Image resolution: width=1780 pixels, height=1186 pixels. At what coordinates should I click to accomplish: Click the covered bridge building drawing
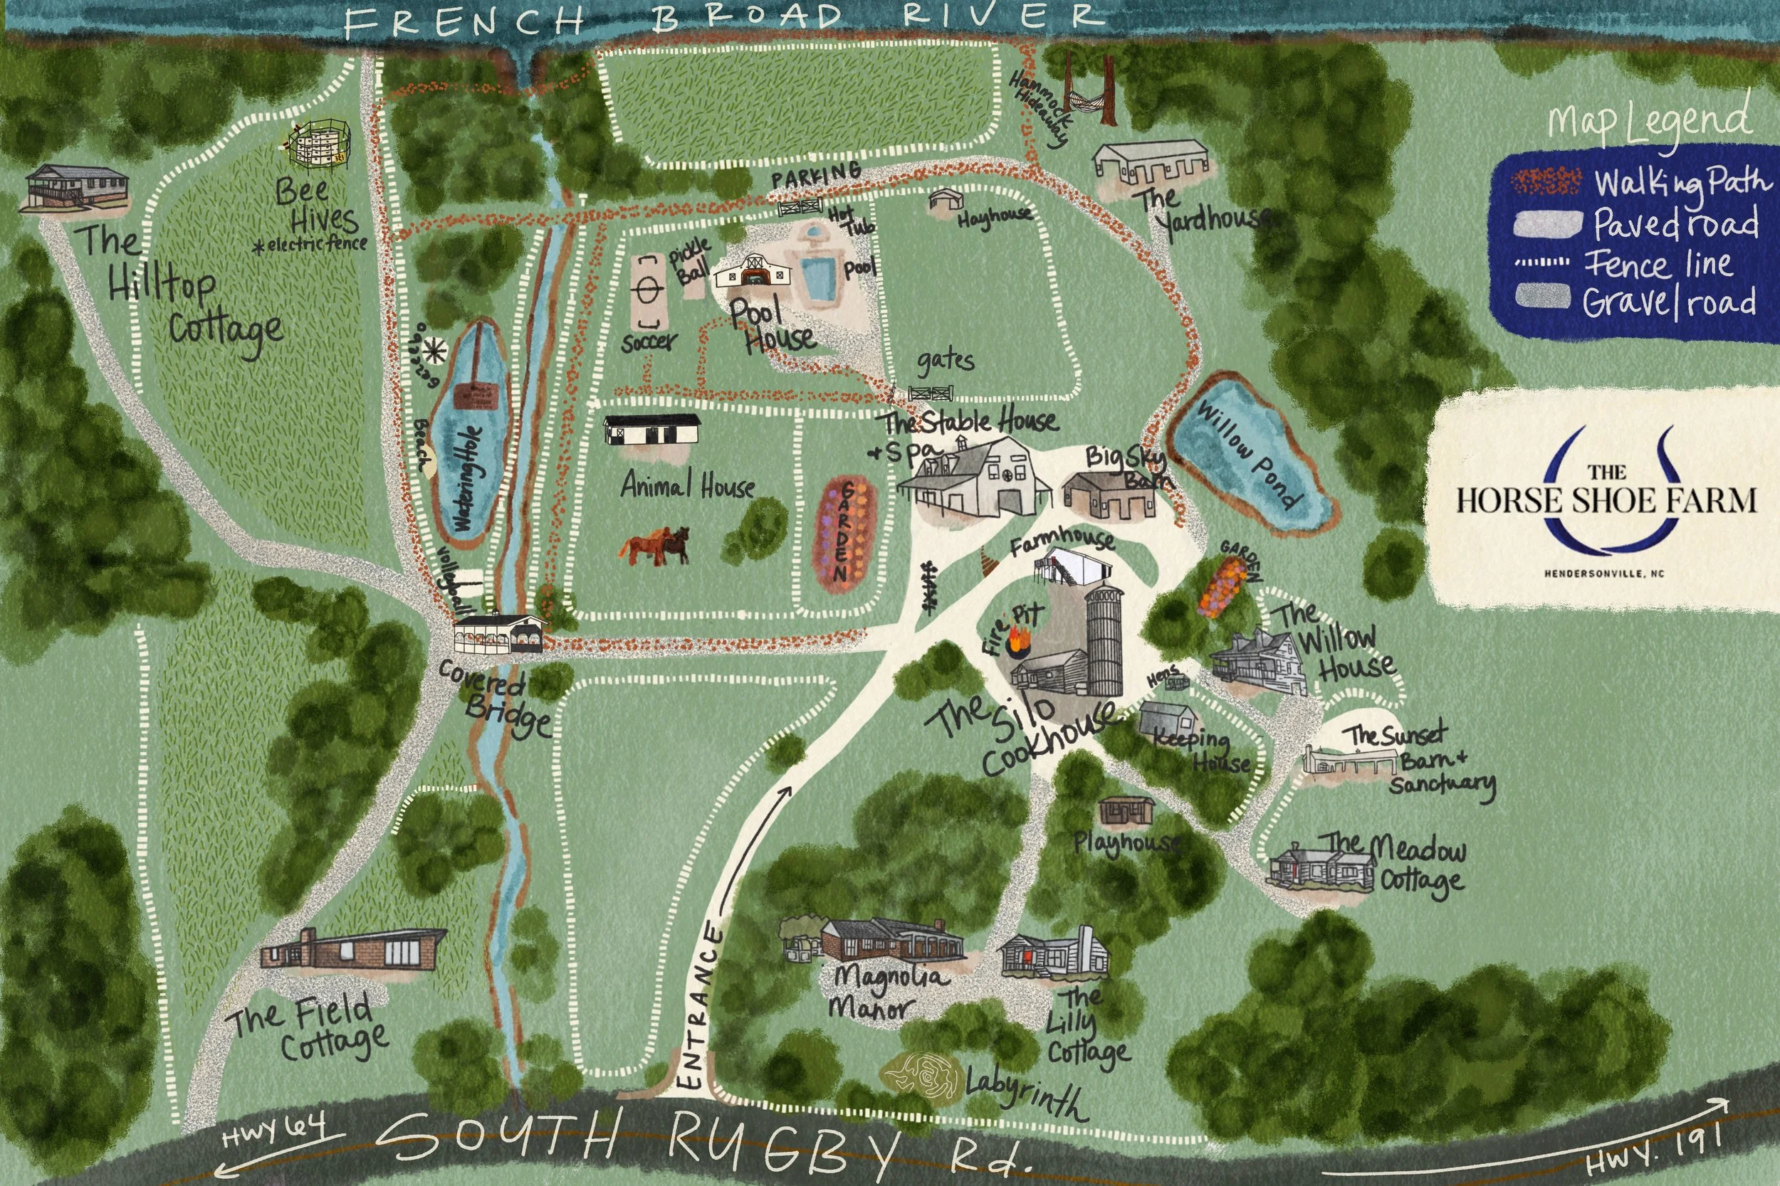[x=501, y=633]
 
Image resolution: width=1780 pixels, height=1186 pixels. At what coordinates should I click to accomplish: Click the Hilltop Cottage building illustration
[x=75, y=187]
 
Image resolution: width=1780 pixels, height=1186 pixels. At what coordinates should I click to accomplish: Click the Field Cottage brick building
[x=352, y=950]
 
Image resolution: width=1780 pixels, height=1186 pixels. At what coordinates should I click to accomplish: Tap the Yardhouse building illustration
[x=1151, y=162]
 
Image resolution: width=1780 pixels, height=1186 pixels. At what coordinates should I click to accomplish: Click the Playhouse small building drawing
[x=1126, y=812]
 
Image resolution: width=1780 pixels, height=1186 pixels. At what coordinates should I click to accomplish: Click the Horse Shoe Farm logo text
[x=1606, y=499]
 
